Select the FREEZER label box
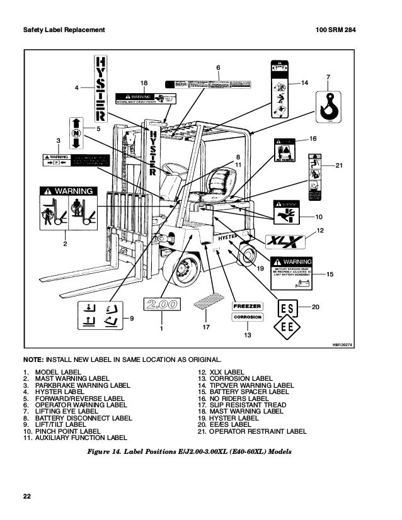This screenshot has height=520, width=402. [x=247, y=306]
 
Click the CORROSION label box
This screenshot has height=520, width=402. [x=247, y=317]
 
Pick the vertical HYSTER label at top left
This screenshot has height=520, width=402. [x=100, y=88]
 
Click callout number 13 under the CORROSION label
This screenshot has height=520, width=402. [x=247, y=336]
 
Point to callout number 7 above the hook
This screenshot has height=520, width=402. [x=328, y=77]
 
